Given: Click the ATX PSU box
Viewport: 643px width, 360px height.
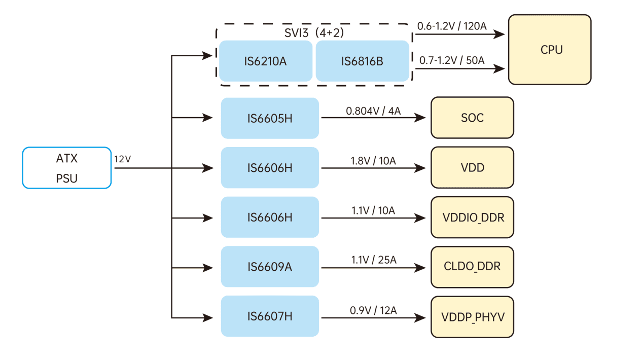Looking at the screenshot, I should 66,168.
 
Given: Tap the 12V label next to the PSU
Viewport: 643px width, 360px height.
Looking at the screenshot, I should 123,159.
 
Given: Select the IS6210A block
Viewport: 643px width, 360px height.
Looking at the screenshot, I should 265,61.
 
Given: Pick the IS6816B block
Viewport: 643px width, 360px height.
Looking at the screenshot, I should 362,61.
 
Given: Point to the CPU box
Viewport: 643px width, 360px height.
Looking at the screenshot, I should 550,50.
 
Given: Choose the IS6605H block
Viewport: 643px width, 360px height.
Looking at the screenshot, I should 270,118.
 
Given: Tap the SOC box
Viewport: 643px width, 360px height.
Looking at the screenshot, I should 472,118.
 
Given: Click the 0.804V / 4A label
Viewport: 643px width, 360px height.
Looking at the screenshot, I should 373,111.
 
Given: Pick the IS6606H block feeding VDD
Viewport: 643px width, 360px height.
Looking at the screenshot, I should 270,168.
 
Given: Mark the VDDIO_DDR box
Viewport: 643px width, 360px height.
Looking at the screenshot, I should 472,218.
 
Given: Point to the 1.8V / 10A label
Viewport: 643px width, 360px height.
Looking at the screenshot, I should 373,161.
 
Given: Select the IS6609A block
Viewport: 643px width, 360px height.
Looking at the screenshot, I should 270,267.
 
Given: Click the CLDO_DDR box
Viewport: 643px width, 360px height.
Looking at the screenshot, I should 472,267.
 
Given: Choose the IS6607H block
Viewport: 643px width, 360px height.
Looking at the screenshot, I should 270,316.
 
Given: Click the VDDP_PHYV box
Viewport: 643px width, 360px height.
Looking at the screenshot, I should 472,317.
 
